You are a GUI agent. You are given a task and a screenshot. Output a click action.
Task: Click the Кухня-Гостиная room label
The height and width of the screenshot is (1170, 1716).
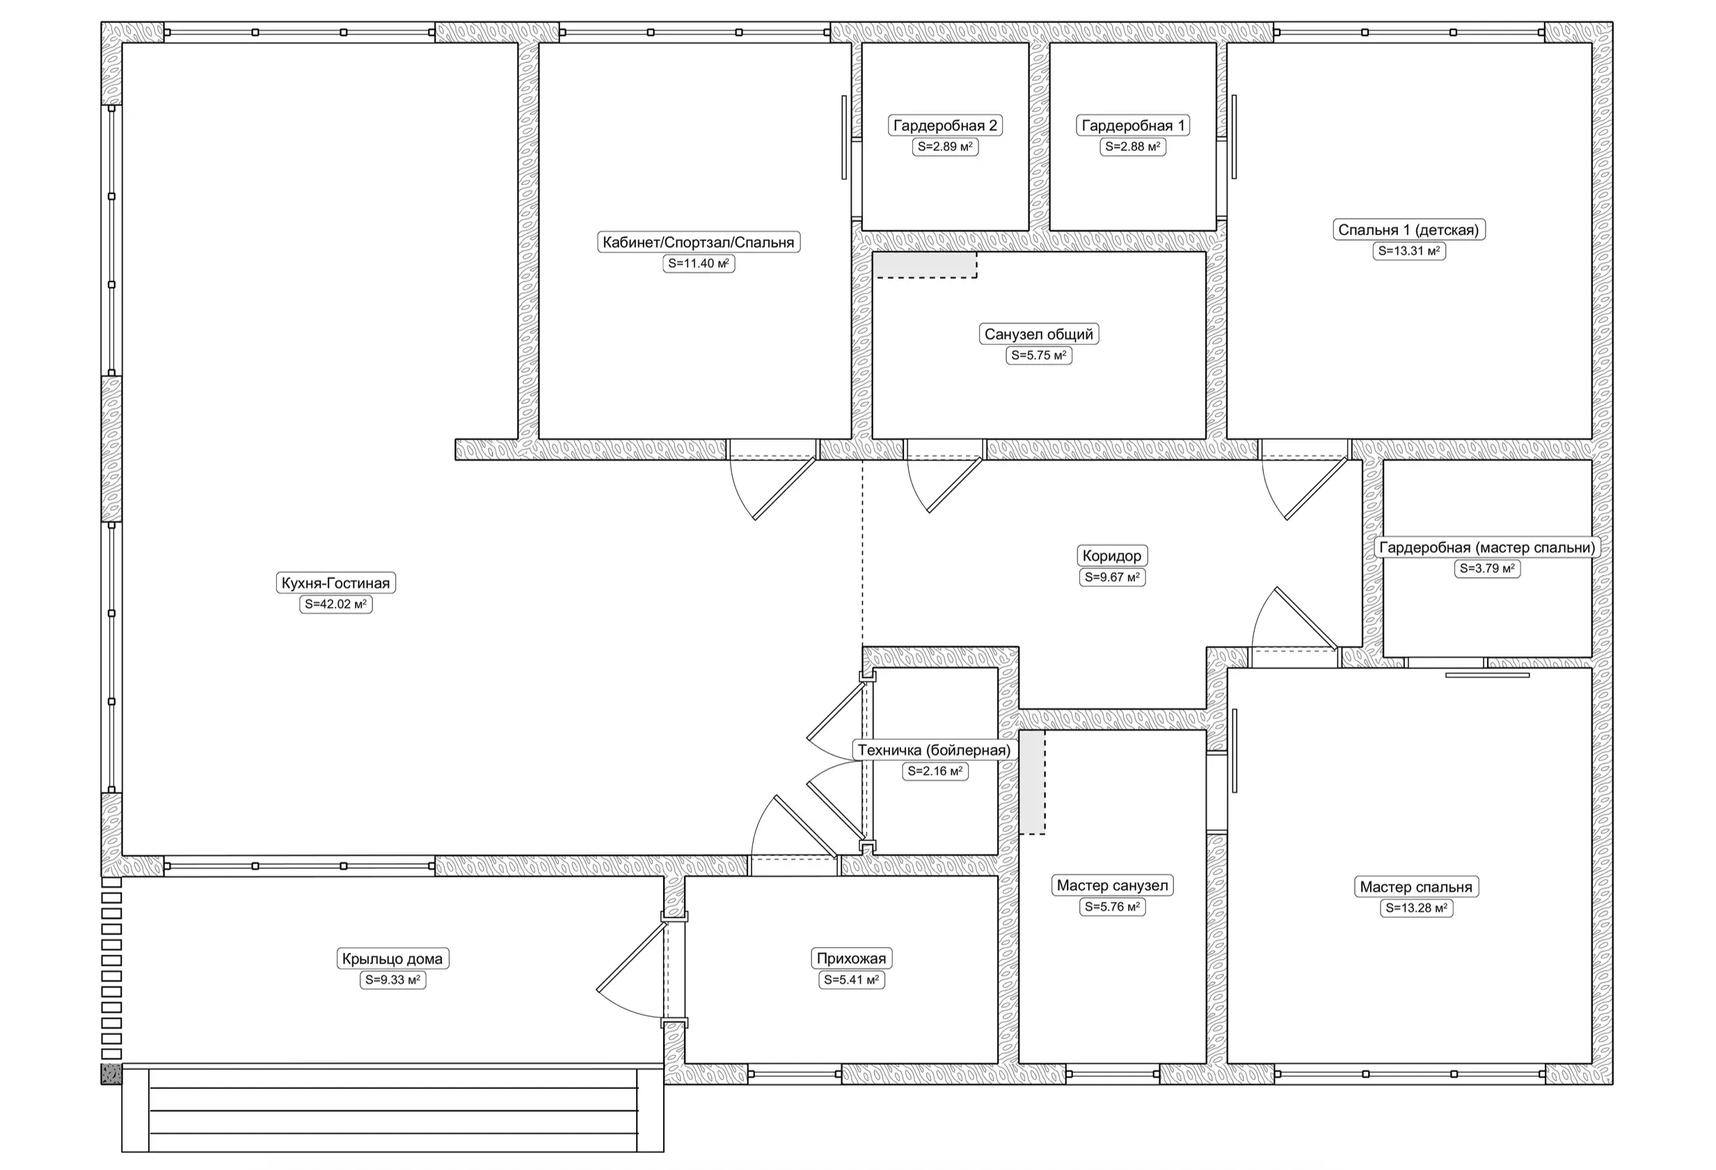pos(335,583)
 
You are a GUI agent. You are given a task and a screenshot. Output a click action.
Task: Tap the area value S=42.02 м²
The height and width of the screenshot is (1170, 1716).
pos(335,604)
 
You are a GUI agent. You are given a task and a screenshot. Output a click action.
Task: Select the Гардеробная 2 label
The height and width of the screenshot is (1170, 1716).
pos(945,125)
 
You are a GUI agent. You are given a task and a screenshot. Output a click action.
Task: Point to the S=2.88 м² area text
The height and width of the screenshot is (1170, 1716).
pos(1133,146)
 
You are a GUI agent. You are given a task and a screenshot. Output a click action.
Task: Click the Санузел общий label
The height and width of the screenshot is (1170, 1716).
pos(1039,335)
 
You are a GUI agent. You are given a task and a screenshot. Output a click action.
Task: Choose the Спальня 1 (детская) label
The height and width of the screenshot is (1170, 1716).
pos(1409,230)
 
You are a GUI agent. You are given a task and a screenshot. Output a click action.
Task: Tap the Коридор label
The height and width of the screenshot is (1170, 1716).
pos(1112,556)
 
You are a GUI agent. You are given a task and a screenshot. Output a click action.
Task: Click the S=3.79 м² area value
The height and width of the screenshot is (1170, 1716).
pos(1487,568)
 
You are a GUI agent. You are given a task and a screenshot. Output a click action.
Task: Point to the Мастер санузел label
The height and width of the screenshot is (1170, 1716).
pos(1112,885)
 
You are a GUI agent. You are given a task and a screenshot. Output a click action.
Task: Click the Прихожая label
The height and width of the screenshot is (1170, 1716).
pos(851,959)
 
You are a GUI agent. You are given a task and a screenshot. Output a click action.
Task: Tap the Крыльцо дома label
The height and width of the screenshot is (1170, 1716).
pos(392,959)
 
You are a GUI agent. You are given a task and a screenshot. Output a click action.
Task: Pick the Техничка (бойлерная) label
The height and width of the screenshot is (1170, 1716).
pos(934,751)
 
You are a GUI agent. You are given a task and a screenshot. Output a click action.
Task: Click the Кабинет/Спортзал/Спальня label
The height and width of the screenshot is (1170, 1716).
pos(699,242)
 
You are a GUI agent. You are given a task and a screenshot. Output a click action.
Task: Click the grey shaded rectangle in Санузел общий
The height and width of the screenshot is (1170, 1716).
pos(924,265)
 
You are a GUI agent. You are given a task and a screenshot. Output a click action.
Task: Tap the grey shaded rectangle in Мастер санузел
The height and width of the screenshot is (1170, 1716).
pos(1032,783)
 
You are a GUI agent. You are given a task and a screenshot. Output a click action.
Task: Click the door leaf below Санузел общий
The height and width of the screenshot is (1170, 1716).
pos(955,485)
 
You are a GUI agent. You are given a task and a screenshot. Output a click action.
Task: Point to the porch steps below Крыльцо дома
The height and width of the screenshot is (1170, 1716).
pos(393,1110)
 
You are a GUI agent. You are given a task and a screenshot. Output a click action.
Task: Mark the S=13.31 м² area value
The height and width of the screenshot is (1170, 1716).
pos(1409,251)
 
